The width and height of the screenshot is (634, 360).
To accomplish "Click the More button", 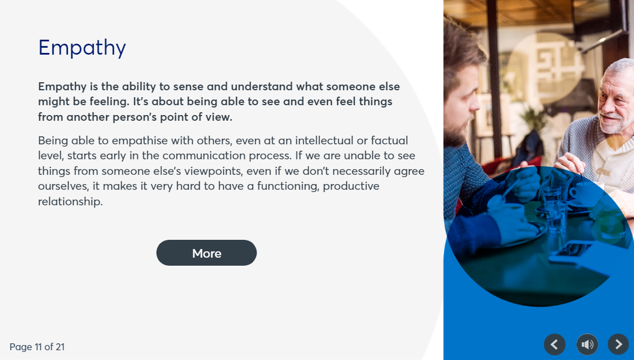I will click(x=207, y=253).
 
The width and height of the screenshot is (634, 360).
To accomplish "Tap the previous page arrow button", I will click(x=555, y=344).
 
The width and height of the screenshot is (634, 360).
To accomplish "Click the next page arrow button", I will click(x=618, y=344).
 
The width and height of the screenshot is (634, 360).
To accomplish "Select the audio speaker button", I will click(x=587, y=344).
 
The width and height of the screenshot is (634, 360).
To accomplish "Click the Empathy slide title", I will click(x=82, y=48).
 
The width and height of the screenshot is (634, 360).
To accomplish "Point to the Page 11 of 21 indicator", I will click(x=37, y=347).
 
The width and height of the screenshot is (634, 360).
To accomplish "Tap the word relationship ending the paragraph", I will click(x=70, y=202).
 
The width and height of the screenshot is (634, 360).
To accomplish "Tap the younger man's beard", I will click(x=457, y=132).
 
